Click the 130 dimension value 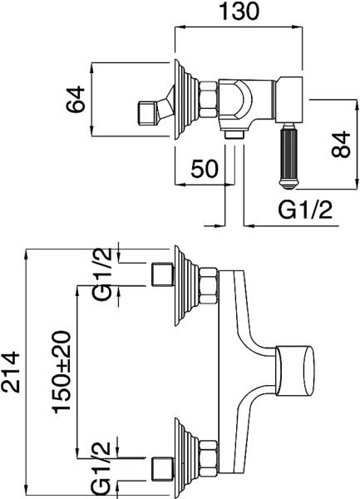coord(240,12)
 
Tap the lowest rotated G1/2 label coord(103,468)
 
